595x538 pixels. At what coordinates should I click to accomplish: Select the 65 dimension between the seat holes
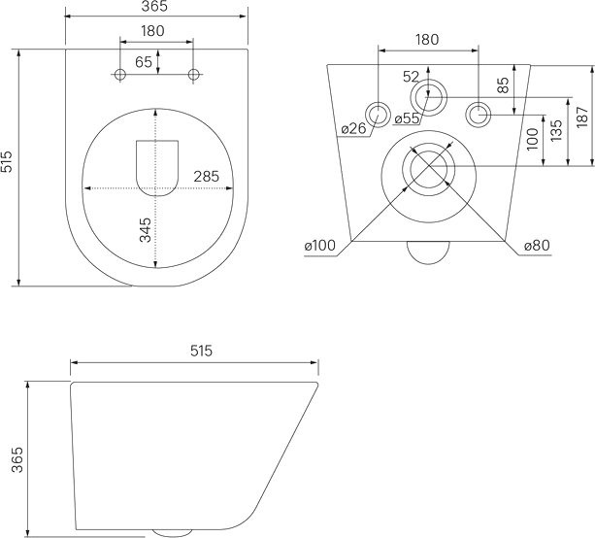pyautogui.click(x=143, y=62)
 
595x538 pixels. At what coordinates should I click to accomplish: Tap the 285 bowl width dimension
pyautogui.click(x=206, y=177)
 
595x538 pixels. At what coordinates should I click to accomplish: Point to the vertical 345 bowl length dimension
pyautogui.click(x=145, y=231)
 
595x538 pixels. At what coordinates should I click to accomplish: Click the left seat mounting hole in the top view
pyautogui.click(x=119, y=75)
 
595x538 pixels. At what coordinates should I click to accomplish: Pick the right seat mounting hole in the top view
pyautogui.click(x=193, y=75)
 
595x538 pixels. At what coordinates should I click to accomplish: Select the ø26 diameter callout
pyautogui.click(x=353, y=129)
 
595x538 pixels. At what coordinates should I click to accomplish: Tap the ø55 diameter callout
pyautogui.click(x=406, y=118)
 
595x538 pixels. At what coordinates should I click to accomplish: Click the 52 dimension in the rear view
pyautogui.click(x=411, y=77)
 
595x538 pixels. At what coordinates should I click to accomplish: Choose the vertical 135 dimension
pyautogui.click(x=555, y=130)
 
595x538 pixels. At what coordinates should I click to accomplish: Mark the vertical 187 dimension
pyautogui.click(x=580, y=116)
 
